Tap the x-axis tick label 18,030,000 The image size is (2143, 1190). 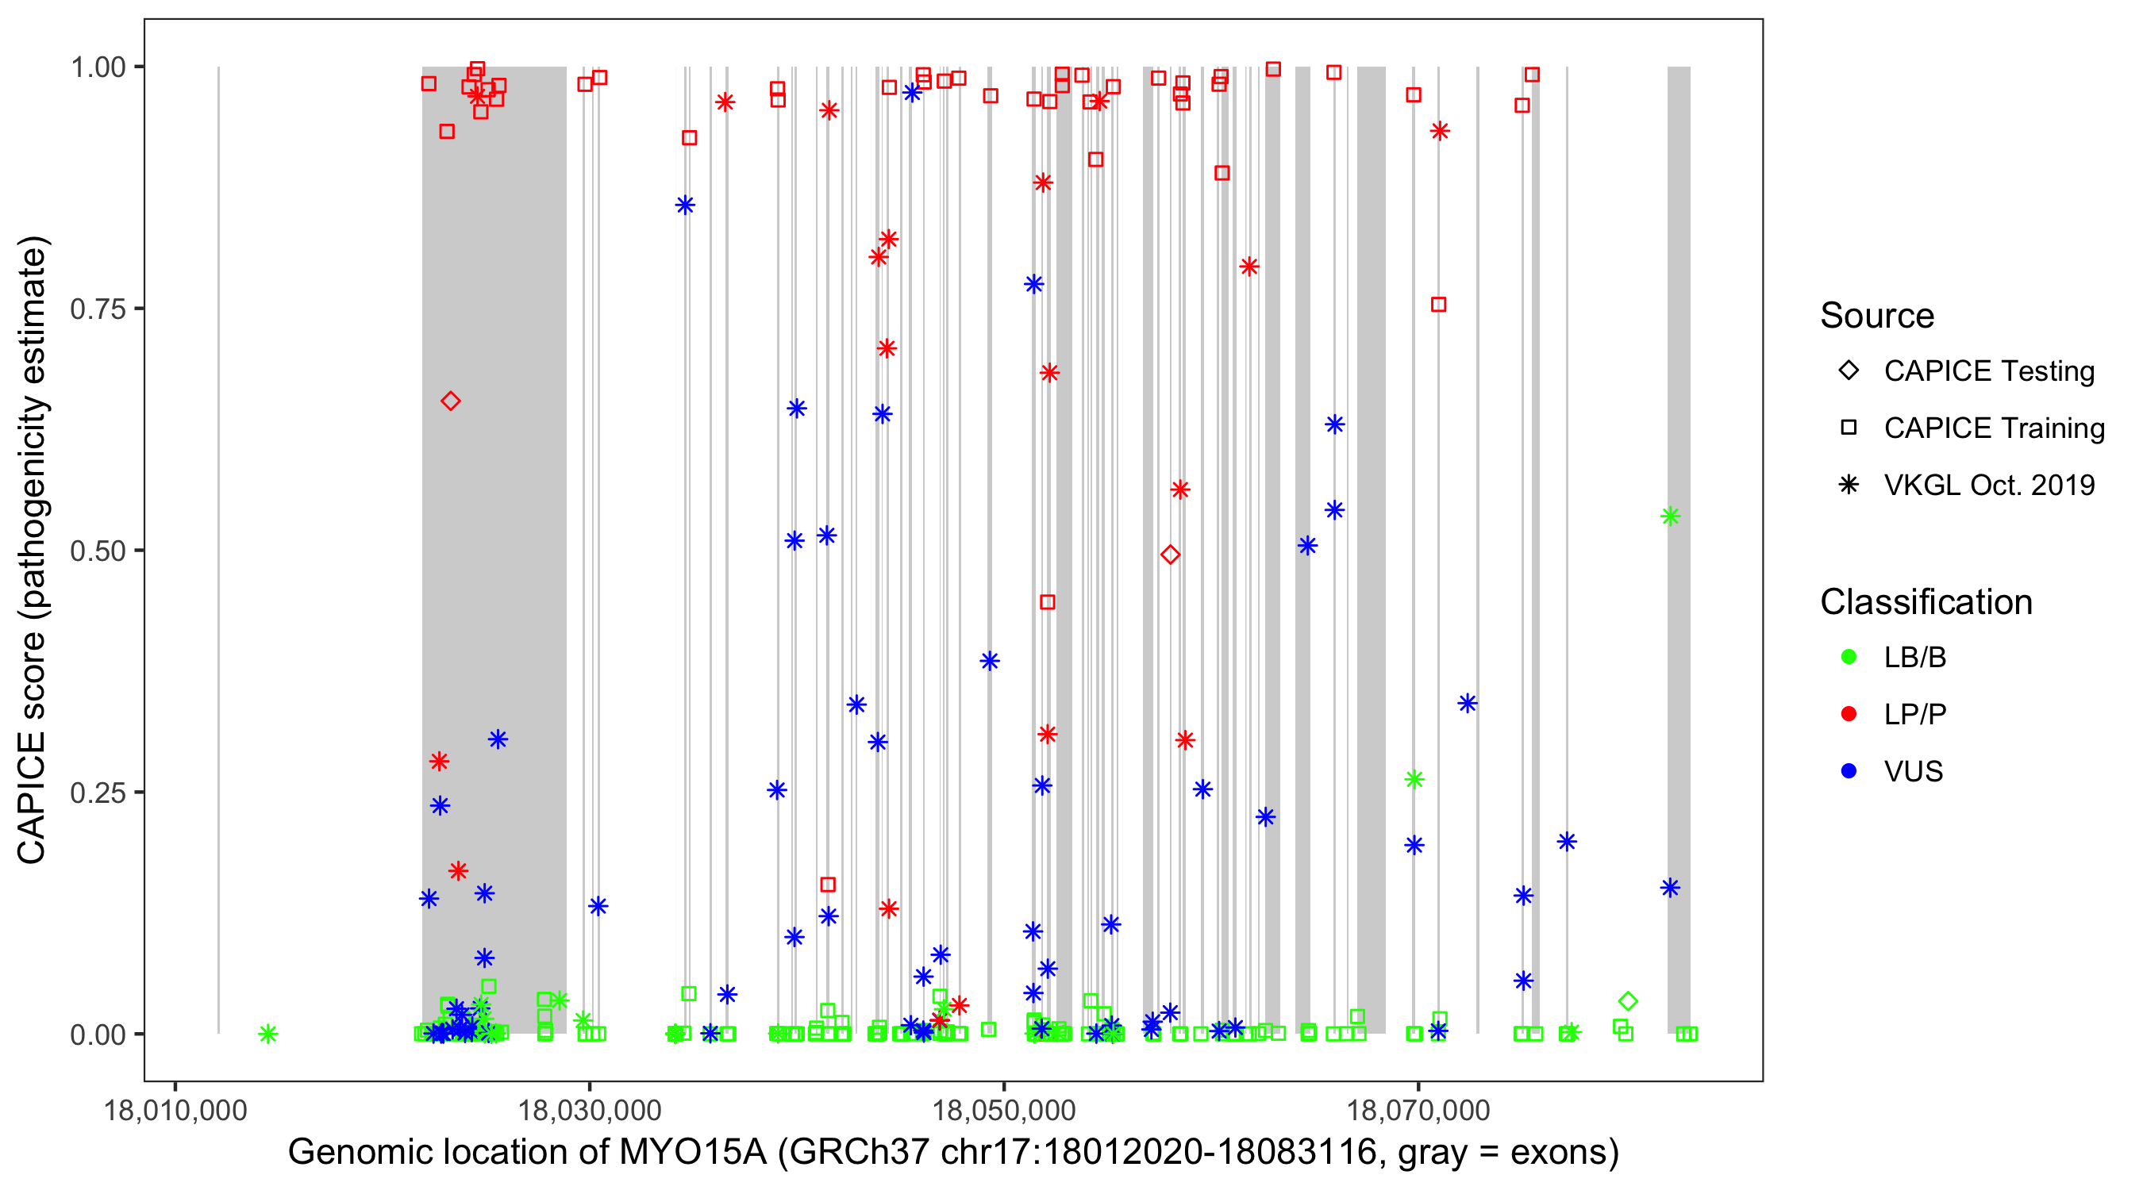pos(589,1110)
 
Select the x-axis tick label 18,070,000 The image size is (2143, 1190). pos(1418,1110)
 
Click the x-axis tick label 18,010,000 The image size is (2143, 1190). pos(175,1110)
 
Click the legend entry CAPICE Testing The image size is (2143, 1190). pos(1988,371)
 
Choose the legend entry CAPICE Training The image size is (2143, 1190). pos(1993,428)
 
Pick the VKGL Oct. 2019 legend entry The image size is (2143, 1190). pos(1988,485)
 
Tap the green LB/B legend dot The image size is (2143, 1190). pos(1849,657)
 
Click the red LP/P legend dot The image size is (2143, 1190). pos(1849,714)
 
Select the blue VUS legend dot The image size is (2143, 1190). pos(1849,771)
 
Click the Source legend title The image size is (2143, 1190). pos(1877,316)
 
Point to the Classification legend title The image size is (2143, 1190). pos(1926,602)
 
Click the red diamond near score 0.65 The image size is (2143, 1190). pos(450,401)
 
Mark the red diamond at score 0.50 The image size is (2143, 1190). pos(1170,555)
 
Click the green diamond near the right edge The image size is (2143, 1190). pos(1628,1001)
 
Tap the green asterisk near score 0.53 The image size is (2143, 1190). pos(1670,516)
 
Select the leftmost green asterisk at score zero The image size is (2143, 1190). pos(267,1034)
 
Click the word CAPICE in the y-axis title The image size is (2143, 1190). pos(32,797)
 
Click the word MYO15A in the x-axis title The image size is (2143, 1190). pos(692,1153)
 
